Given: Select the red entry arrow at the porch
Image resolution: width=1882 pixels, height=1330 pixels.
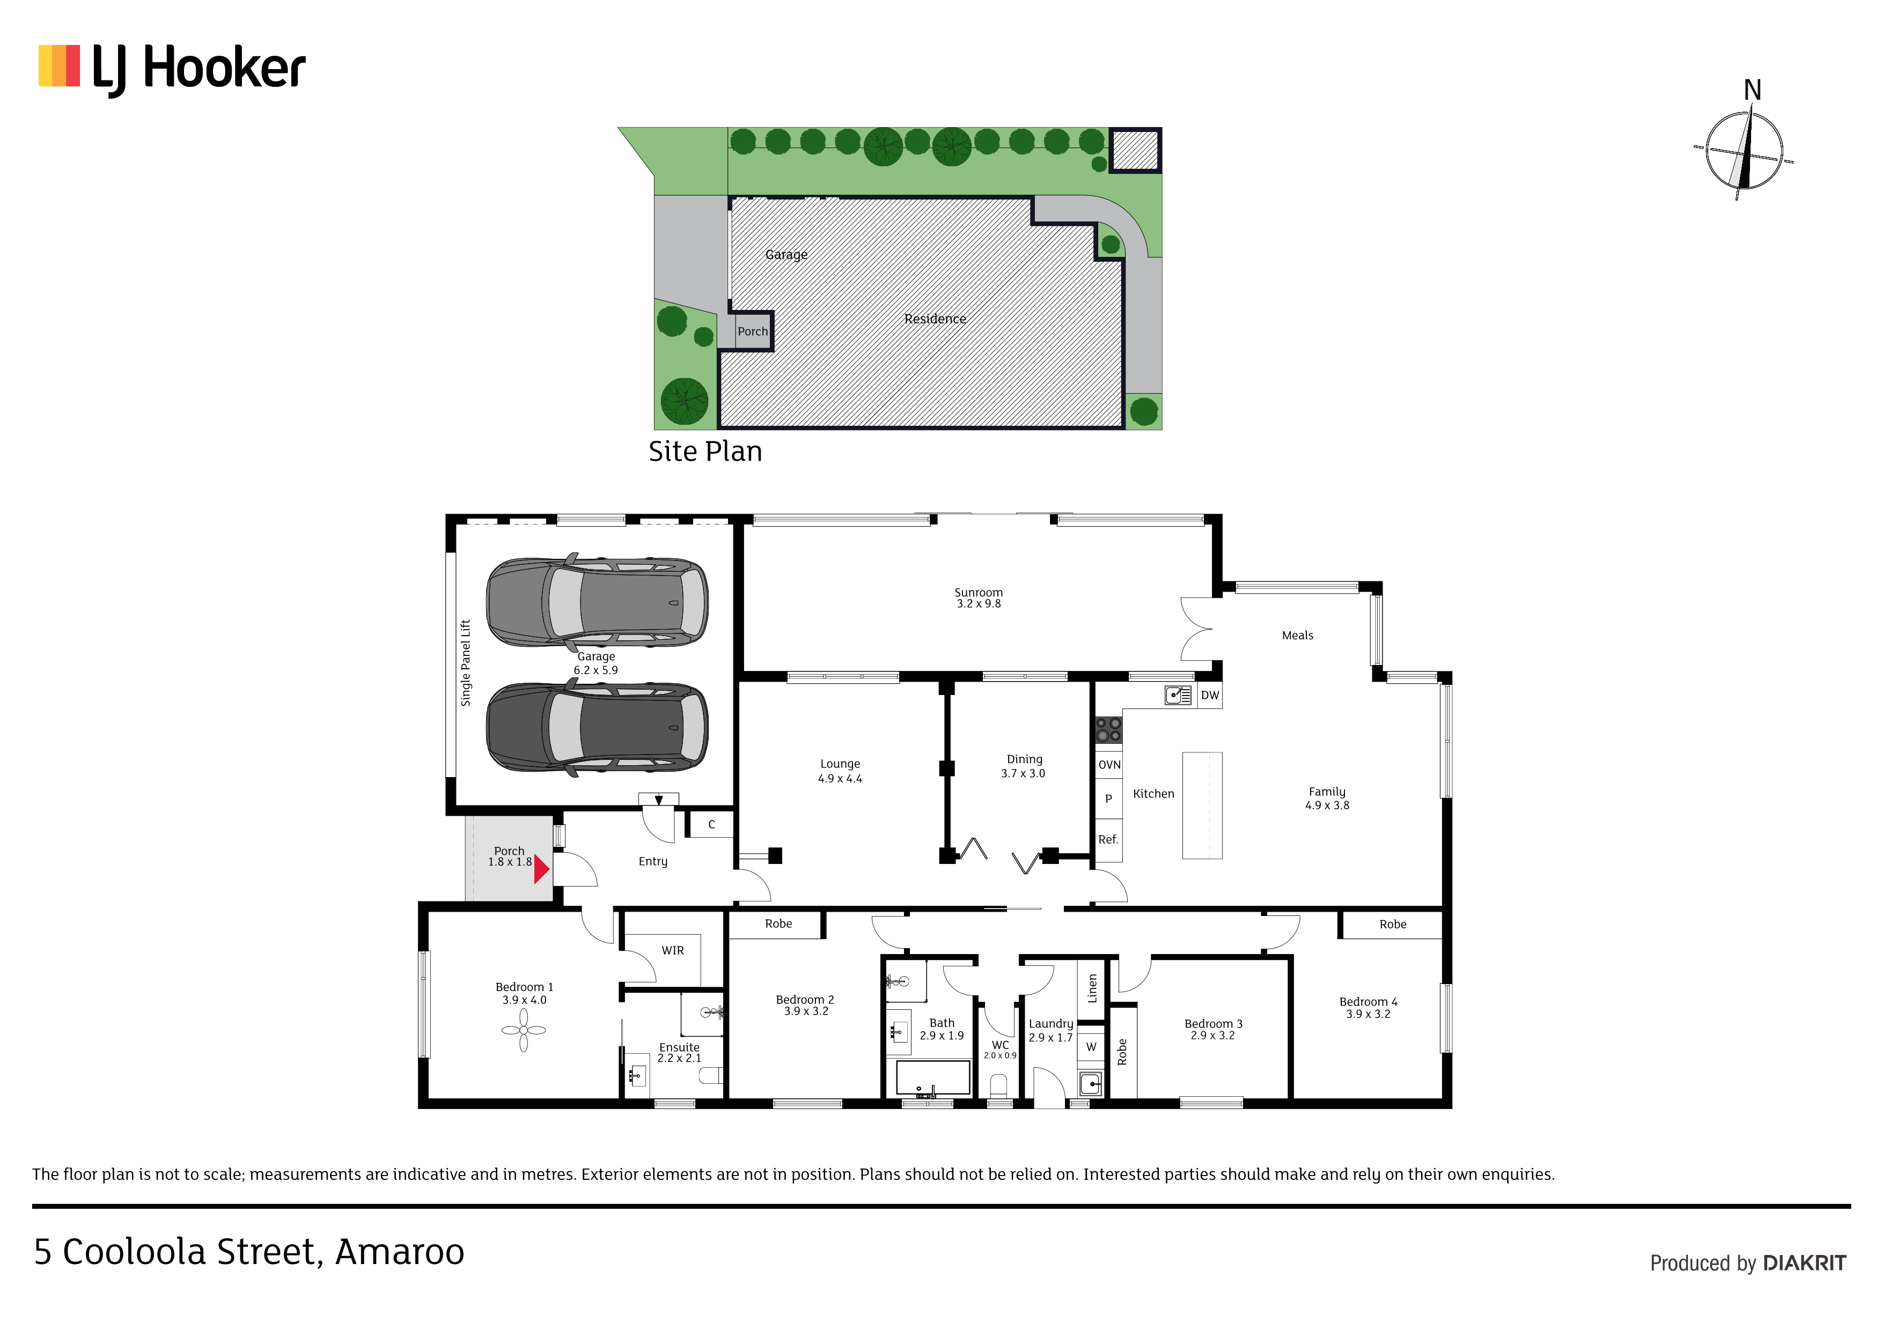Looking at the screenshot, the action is [541, 869].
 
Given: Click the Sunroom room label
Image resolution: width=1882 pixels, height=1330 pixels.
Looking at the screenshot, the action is [978, 593].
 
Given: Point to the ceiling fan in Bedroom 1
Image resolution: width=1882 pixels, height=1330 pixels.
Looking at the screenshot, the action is [524, 1030].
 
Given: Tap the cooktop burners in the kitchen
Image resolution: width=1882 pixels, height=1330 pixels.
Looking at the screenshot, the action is [1108, 729].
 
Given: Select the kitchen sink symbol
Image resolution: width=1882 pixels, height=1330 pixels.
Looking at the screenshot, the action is [1178, 696].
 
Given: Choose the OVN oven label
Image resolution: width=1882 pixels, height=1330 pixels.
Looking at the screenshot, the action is [1109, 765].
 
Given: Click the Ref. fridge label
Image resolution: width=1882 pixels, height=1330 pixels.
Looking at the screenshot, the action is [1108, 839].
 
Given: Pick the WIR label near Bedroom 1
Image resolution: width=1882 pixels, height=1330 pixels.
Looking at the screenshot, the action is [673, 951].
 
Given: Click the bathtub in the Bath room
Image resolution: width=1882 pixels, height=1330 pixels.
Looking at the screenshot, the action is [933, 1077].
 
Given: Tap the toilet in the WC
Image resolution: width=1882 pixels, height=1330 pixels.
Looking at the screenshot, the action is [998, 1087].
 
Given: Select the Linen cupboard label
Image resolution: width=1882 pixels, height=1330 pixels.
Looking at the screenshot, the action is [1092, 988].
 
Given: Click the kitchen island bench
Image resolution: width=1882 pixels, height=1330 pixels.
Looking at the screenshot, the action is [1202, 806].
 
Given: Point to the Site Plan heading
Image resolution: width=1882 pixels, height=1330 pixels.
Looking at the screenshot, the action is [705, 452].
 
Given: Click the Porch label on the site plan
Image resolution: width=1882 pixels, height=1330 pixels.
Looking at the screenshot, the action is [753, 331].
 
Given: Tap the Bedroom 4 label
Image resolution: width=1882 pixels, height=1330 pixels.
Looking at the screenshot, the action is [1368, 1001].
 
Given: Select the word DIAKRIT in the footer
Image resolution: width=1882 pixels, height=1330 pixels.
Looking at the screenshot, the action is [1804, 1263].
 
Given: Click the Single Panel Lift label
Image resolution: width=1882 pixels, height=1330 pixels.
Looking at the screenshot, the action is [466, 663].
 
